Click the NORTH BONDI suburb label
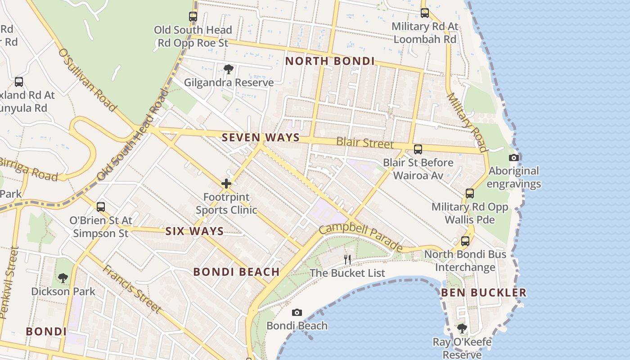[330, 61]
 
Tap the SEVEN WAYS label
[261, 137]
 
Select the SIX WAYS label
[194, 231]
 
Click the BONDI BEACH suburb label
[237, 272]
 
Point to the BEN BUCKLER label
[483, 292]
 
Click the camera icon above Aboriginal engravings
[514, 157]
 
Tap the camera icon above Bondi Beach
[297, 312]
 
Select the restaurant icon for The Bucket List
[347, 259]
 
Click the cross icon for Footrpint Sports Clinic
[226, 184]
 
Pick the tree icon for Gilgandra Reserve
[229, 69]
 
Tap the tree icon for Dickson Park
[63, 278]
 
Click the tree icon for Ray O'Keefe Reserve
[462, 328]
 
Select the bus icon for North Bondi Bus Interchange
[465, 241]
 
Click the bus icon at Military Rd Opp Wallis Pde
[470, 193]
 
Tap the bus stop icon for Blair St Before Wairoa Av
[418, 149]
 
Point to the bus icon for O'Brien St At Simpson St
[101, 207]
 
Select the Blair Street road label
[365, 143]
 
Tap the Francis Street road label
[132, 288]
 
